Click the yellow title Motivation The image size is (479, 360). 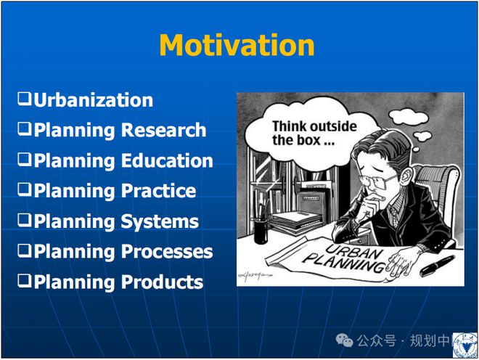[237, 45]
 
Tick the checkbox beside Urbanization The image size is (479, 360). [25, 99]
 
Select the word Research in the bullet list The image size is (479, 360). [164, 130]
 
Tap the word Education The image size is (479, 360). [167, 160]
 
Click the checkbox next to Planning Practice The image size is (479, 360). [25, 189]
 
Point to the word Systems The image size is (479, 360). [160, 221]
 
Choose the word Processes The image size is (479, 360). [167, 252]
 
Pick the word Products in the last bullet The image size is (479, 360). [163, 282]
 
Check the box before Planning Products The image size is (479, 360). [25, 281]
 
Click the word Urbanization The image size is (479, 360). [93, 100]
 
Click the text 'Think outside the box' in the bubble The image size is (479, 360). [314, 134]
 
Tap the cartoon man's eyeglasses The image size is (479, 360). [377, 181]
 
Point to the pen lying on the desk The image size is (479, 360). [437, 266]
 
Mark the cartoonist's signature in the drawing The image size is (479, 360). [255, 276]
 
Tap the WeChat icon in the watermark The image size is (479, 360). [344, 340]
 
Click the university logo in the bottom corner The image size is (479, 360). [465, 345]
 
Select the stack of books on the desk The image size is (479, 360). [296, 222]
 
